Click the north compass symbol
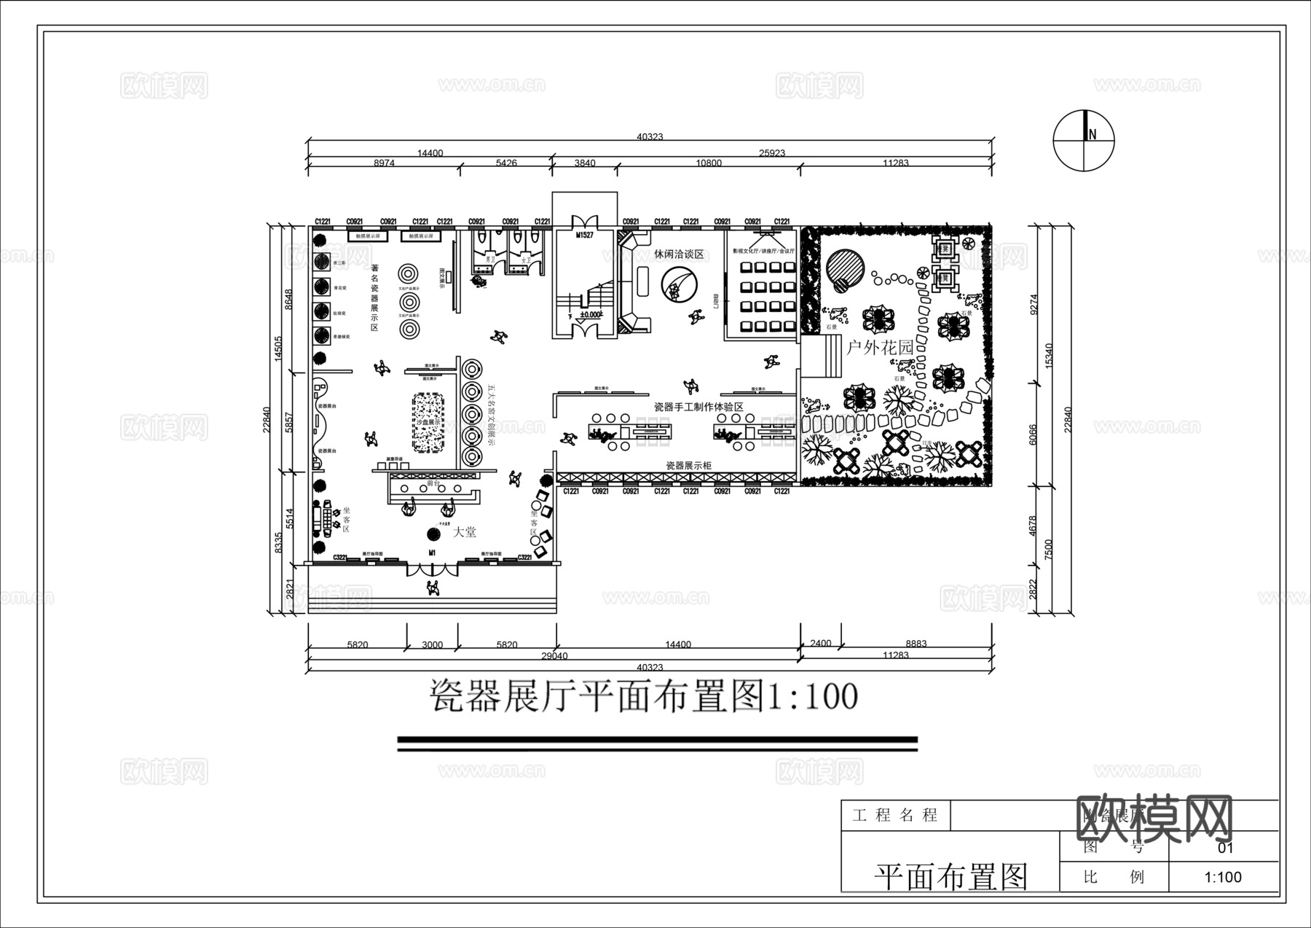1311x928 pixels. point(1084,141)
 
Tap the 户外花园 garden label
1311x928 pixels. point(880,348)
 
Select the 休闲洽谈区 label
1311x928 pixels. point(679,254)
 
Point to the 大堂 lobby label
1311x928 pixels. point(464,533)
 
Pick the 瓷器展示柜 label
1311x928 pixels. point(688,465)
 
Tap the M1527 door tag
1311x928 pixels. point(584,235)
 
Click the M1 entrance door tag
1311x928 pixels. point(432,553)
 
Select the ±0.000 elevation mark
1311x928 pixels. point(591,315)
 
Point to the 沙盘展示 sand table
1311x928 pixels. point(428,423)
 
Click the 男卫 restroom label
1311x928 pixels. point(489,258)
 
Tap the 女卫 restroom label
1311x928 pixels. point(524,258)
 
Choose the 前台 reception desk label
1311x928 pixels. point(433,483)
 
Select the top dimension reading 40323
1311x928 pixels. point(650,136)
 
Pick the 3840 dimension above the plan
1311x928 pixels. point(584,163)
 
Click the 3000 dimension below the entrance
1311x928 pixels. point(432,644)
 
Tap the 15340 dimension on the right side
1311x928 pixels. point(1050,355)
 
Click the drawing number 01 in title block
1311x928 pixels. point(1225,848)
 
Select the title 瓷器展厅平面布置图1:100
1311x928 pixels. point(644,696)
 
